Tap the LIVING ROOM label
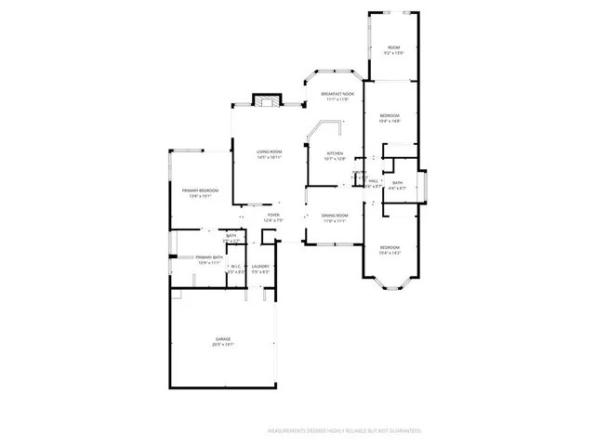[269, 152]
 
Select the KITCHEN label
[335, 153]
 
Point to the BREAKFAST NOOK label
[337, 94]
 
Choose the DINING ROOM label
[335, 216]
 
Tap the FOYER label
[273, 216]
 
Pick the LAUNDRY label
[260, 266]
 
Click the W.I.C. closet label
[235, 266]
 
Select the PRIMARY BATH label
[209, 257]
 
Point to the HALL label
[373, 181]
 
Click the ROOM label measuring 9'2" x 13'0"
[394, 47]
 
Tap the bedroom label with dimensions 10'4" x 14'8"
[390, 115]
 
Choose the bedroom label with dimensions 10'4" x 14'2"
[390, 246]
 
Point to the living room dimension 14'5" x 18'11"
[269, 158]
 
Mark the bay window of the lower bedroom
[390, 283]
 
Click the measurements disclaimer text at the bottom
[344, 431]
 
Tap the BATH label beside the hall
[397, 182]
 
